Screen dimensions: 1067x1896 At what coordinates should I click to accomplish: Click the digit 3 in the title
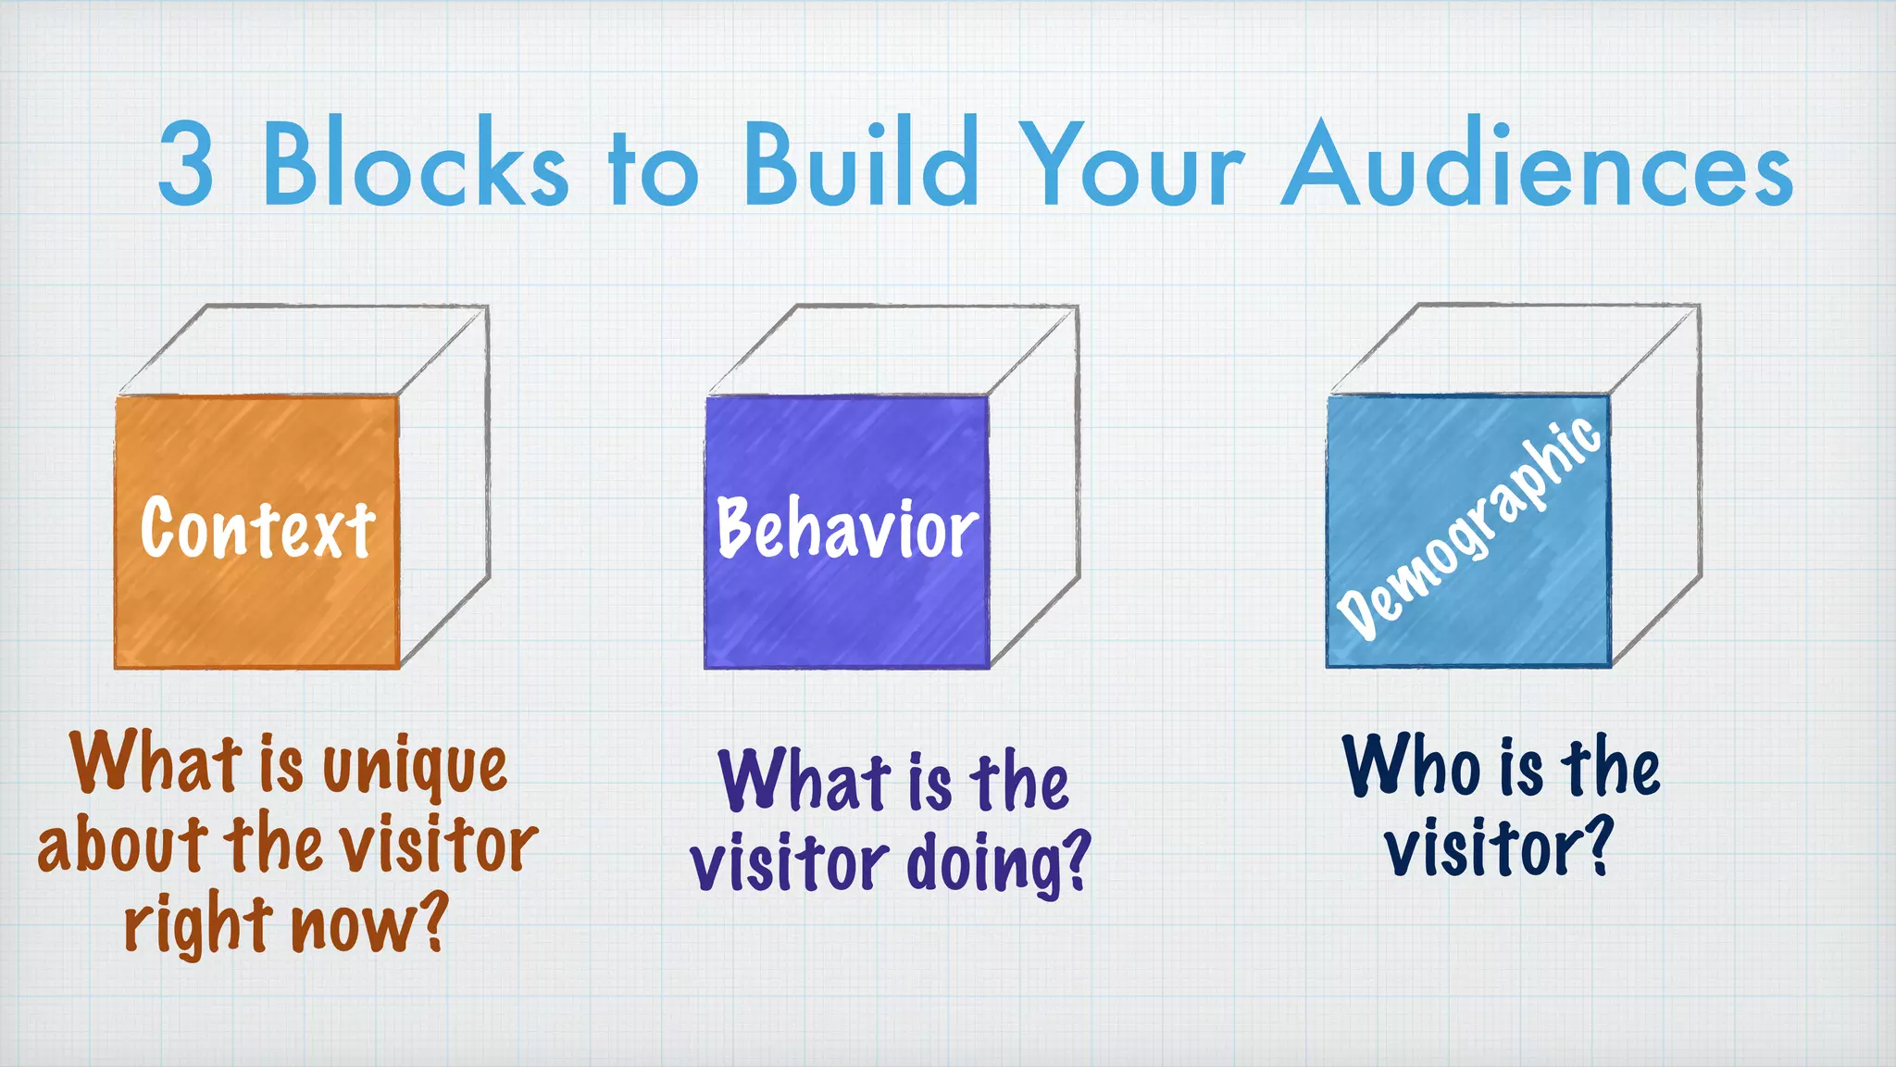tap(186, 164)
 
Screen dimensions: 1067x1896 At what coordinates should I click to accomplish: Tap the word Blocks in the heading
tap(415, 164)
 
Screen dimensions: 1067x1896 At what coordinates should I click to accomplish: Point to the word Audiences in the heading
tap(1537, 164)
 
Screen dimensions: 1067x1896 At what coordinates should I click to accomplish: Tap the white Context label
tap(257, 528)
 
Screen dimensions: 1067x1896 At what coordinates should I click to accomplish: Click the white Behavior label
tap(847, 528)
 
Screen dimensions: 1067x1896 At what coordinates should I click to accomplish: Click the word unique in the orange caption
tap(415, 767)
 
